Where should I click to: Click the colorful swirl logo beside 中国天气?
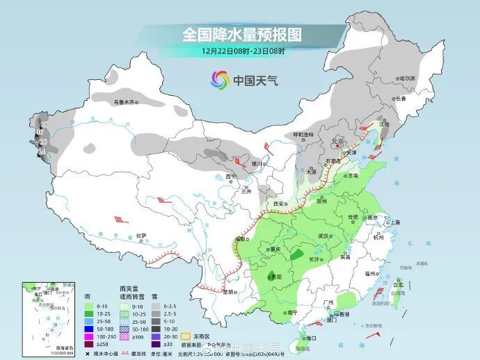click(221, 80)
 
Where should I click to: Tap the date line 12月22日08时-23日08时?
click(243, 51)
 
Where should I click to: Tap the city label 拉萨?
click(141, 236)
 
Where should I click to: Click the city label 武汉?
click(322, 236)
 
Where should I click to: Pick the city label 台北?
click(398, 284)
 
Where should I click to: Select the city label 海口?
click(310, 338)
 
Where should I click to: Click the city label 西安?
click(280, 203)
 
